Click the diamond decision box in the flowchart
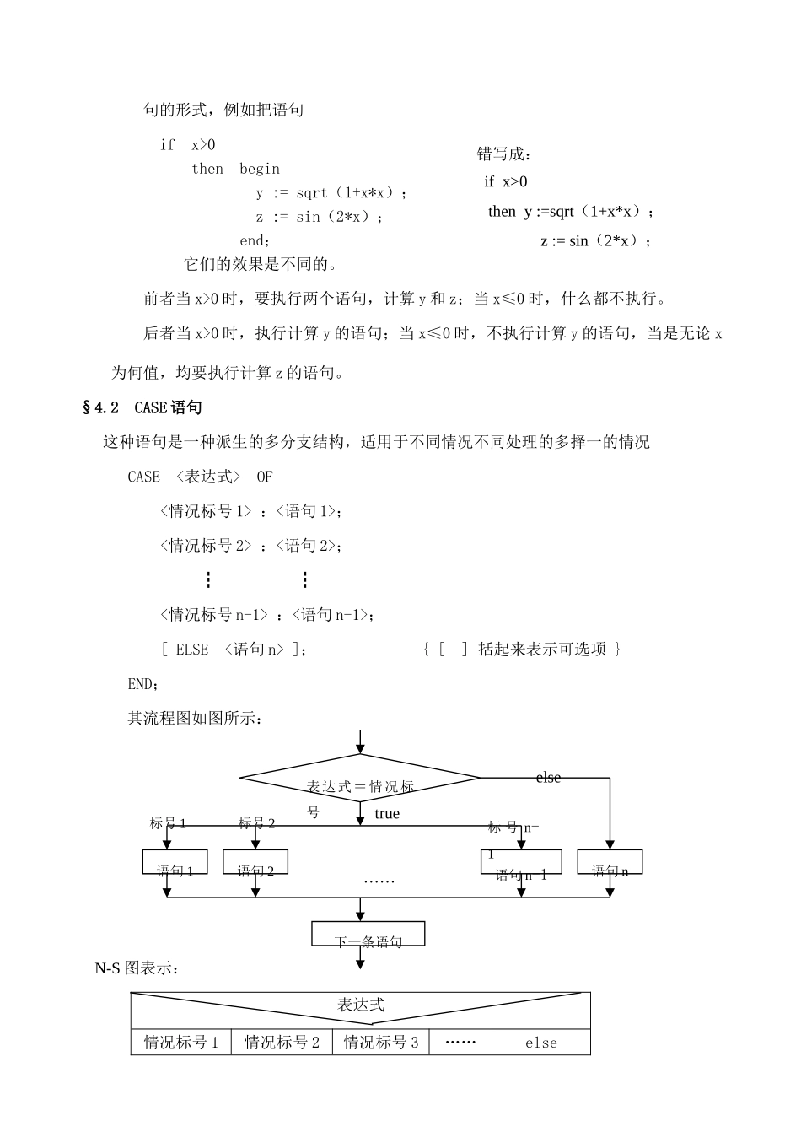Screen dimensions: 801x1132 360,778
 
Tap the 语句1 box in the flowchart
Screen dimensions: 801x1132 175,862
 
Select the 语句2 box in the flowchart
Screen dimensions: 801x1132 255,862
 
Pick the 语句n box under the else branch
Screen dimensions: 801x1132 610,862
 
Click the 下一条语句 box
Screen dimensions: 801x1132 368,934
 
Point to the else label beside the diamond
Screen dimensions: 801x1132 548,778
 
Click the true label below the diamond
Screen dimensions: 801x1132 387,814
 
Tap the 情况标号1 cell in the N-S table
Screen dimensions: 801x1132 181,1043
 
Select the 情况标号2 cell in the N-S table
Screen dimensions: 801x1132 282,1043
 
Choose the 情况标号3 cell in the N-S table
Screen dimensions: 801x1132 381,1043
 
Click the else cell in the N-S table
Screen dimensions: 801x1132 541,1043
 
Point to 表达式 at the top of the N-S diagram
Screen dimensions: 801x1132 361,1005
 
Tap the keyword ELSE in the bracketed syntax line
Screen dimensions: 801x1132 191,650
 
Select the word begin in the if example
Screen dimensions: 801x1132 260,169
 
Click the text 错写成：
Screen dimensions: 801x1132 504,154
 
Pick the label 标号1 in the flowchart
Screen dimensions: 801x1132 168,823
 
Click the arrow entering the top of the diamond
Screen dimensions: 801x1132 360,742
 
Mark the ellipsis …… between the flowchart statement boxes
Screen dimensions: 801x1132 379,881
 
